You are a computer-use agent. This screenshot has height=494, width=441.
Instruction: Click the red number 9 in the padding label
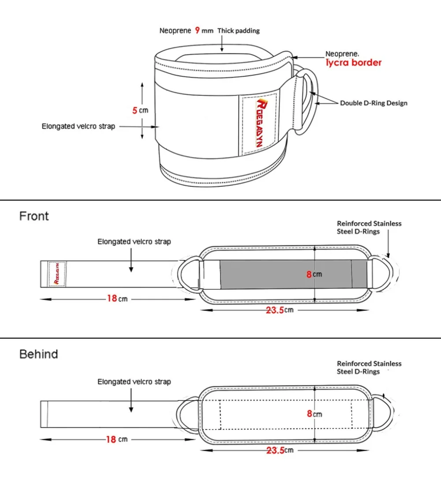click(x=197, y=30)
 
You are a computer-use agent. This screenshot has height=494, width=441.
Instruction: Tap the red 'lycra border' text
click(x=353, y=63)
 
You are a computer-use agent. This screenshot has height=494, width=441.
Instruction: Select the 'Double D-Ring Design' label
click(x=374, y=103)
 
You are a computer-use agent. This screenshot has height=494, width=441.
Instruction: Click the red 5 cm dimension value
click(x=135, y=110)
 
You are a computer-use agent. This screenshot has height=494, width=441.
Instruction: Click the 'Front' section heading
click(x=34, y=216)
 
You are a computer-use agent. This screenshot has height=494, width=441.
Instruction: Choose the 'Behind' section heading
click(x=38, y=354)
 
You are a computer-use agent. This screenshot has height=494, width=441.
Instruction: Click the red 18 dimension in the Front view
click(x=112, y=299)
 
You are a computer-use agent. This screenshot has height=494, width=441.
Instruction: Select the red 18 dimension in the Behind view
click(x=111, y=439)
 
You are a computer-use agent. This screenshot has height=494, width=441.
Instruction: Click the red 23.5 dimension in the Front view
click(x=275, y=310)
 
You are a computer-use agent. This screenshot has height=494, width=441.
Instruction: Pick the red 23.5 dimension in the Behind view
click(x=275, y=450)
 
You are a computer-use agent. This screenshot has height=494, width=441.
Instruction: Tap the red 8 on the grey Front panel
click(x=309, y=274)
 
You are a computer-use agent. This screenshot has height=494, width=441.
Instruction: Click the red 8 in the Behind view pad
click(x=309, y=414)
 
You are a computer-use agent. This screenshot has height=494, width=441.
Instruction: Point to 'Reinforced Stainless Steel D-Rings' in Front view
click(x=369, y=228)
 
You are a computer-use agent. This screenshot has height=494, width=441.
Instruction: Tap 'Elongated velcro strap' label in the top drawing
click(x=78, y=127)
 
